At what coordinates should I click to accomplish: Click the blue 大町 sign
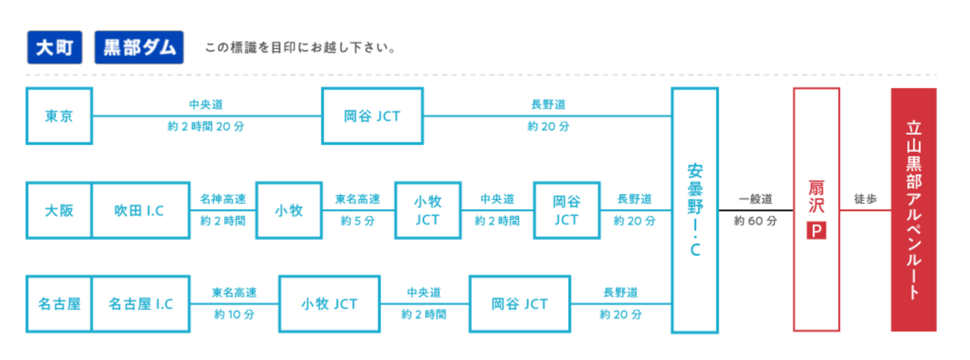(54, 47)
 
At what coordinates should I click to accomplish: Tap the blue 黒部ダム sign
(139, 47)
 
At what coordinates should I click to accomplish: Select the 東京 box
(59, 116)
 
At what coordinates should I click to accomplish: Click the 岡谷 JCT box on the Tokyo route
(372, 116)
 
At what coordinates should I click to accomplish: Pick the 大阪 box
(59, 210)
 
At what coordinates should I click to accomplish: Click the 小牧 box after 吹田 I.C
(288, 210)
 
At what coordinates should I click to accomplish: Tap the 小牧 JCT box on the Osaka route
(428, 210)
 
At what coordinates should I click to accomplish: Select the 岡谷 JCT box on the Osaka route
(566, 210)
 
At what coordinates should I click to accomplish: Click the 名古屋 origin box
(59, 304)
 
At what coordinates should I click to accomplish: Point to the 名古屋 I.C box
(141, 304)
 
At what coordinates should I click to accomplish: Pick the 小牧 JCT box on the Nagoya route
(329, 304)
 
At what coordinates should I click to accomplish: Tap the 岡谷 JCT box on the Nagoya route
(519, 304)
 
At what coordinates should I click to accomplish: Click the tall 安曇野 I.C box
(695, 210)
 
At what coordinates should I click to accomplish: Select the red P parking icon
(816, 231)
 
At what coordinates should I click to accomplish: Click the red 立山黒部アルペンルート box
(913, 210)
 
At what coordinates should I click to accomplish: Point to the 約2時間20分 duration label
(206, 126)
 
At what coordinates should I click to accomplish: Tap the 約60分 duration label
(755, 221)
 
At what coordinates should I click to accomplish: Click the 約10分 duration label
(234, 314)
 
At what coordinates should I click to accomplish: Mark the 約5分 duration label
(358, 221)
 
